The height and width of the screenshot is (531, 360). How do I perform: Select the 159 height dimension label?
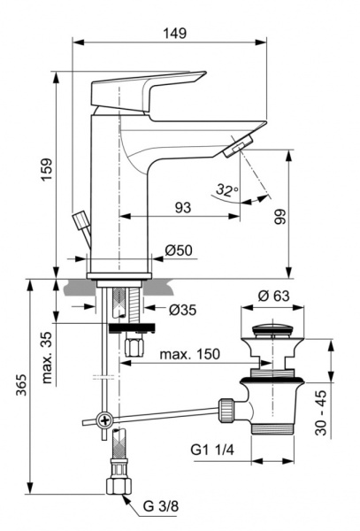(x=47, y=168)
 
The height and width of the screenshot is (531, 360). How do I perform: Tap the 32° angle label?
(x=227, y=190)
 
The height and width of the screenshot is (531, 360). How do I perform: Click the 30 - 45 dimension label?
(x=344, y=411)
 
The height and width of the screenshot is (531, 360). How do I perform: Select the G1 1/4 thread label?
(x=215, y=449)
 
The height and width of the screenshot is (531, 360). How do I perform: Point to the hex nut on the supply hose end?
(x=115, y=485)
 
